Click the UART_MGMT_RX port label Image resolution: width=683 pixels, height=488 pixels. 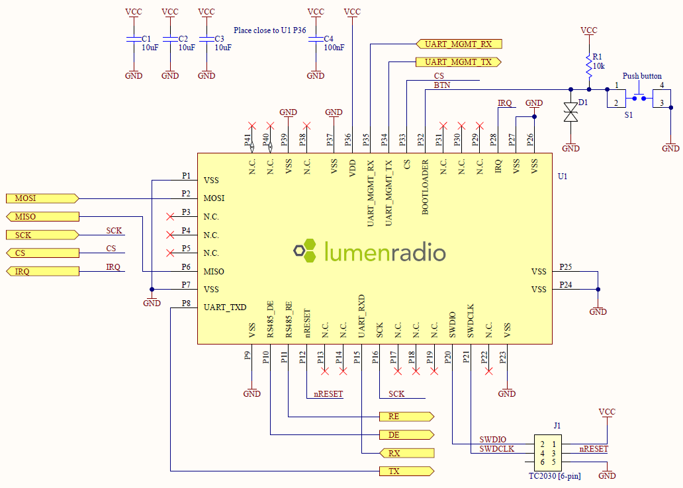pyautogui.click(x=459, y=44)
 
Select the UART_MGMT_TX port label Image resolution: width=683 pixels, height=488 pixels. pyautogui.click(x=459, y=62)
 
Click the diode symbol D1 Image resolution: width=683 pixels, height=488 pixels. pyautogui.click(x=570, y=112)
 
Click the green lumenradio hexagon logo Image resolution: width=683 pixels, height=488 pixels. pyautogui.click(x=306, y=252)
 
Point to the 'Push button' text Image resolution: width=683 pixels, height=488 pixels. pyautogui.click(x=642, y=76)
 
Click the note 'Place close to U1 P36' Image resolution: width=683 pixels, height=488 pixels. pyautogui.click(x=270, y=30)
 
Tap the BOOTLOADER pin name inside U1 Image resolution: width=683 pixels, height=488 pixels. pyautogui.click(x=426, y=187)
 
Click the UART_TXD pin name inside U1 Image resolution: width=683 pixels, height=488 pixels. pyautogui.click(x=225, y=307)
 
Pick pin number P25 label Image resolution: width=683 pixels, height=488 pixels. pyautogui.click(x=565, y=266)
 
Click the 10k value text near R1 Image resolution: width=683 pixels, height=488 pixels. pyautogui.click(x=598, y=66)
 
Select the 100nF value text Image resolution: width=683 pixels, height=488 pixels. pyautogui.click(x=334, y=48)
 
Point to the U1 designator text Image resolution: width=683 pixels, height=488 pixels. pyautogui.click(x=563, y=177)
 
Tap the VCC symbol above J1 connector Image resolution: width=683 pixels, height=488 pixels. pyautogui.click(x=606, y=412)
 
